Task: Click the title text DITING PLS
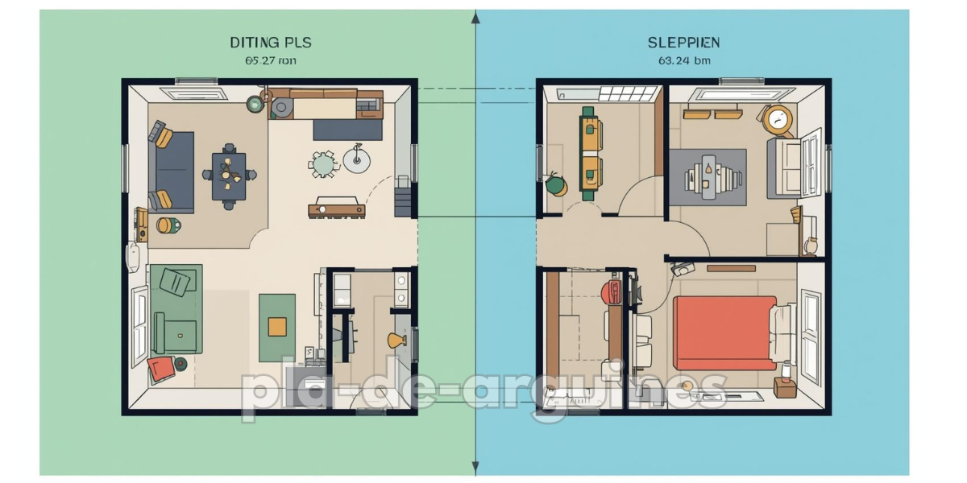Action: pyautogui.click(x=270, y=42)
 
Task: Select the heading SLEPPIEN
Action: pyautogui.click(x=683, y=42)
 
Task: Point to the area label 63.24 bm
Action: pyautogui.click(x=683, y=60)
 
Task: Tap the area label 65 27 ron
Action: pyautogui.click(x=270, y=60)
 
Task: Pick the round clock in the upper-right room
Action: pyautogui.click(x=779, y=120)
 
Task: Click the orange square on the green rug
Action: pyautogui.click(x=277, y=326)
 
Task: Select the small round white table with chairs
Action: pyautogui.click(x=324, y=164)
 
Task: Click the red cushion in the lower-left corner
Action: pyautogui.click(x=160, y=369)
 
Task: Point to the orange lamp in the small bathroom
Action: pyautogui.click(x=396, y=341)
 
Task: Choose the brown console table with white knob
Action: pyautogui.click(x=336, y=210)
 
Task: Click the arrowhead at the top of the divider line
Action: pyautogui.click(x=476, y=16)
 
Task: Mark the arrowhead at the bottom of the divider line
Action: pyautogui.click(x=476, y=468)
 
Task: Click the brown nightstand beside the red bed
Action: pyautogui.click(x=784, y=388)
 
